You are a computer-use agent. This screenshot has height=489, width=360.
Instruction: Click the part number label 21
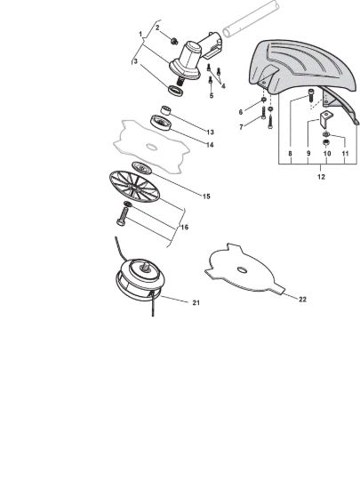[x=196, y=302]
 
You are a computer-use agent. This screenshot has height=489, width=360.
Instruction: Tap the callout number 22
[x=302, y=300]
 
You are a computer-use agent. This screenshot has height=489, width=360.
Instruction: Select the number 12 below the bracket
[x=321, y=177]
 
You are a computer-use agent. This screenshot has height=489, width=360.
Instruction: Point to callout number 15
[x=206, y=196]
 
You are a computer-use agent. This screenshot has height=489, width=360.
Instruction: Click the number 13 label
[x=211, y=132]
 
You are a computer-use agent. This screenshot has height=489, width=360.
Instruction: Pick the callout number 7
[x=241, y=127]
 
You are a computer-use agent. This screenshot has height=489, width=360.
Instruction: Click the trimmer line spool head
[x=139, y=277]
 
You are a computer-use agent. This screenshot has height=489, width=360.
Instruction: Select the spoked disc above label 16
[x=134, y=187]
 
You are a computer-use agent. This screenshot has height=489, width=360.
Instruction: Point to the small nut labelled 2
[x=174, y=41]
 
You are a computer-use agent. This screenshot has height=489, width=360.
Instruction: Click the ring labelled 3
[x=176, y=90]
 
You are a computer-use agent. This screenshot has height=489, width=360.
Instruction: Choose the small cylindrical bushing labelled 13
[x=166, y=110]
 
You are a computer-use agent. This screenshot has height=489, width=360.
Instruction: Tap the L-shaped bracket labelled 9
[x=324, y=119]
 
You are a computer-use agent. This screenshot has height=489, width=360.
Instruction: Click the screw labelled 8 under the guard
[x=310, y=95]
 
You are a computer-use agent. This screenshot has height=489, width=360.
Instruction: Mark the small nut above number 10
[x=325, y=143]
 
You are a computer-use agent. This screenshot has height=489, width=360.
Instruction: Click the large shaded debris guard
[x=301, y=67]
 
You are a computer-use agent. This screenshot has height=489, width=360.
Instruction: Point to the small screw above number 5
[x=211, y=81]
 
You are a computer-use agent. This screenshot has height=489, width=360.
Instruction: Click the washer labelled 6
[x=264, y=100]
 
